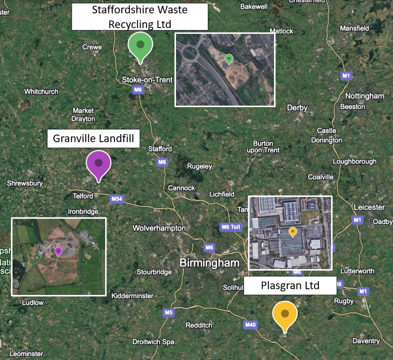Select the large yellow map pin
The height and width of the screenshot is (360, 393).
click(x=285, y=315)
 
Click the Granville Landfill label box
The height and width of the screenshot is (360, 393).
click(x=94, y=139)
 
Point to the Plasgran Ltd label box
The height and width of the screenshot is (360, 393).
click(x=290, y=285)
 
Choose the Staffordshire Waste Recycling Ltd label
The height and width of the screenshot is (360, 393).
click(x=140, y=16)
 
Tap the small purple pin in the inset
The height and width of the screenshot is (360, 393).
click(x=58, y=252)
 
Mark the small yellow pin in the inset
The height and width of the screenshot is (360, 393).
click(x=293, y=232)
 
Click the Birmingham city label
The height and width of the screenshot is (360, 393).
click(x=209, y=263)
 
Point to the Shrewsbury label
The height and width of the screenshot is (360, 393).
click(x=25, y=183)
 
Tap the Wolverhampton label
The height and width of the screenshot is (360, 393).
click(x=159, y=228)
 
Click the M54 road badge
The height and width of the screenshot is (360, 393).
click(x=116, y=199)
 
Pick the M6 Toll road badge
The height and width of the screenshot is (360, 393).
click(x=230, y=227)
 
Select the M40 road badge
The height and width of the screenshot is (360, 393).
click(x=250, y=325)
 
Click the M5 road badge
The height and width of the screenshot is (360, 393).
click(x=168, y=312)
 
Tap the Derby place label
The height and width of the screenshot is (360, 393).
click(x=297, y=108)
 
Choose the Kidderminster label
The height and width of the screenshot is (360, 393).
click(x=132, y=296)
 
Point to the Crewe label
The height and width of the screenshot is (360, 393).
click(x=92, y=47)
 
